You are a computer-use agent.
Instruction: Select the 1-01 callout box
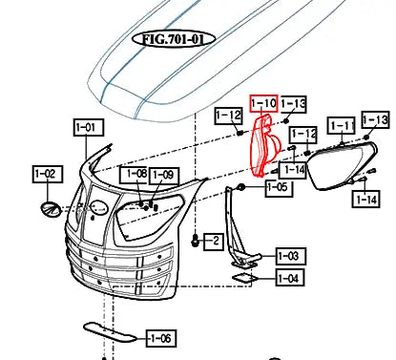point(87,126)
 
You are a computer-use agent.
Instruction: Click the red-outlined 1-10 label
point(262,102)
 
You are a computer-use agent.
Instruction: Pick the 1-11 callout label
point(342,125)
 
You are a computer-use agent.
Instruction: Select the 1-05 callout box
point(277,187)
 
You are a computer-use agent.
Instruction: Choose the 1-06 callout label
point(159,338)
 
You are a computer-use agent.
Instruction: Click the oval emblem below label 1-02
point(50,208)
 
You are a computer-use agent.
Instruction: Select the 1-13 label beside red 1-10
point(293,103)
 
